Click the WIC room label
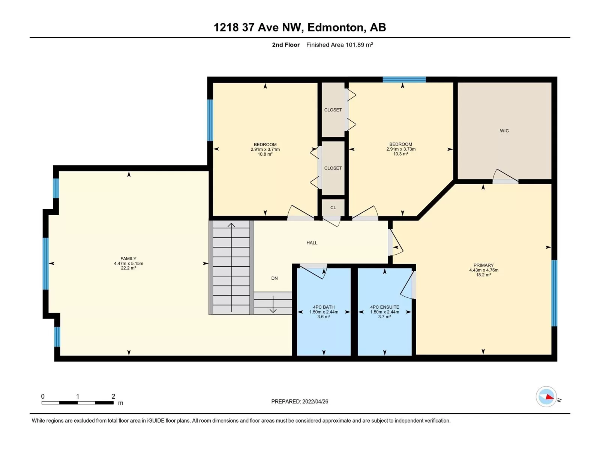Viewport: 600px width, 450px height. (x=504, y=131)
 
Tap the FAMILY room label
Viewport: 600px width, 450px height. (x=128, y=258)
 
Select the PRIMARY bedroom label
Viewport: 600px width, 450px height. (x=483, y=265)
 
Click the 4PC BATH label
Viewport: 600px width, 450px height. (x=324, y=307)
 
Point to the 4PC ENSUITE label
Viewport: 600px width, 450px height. (x=385, y=307)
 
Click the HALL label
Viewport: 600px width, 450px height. (x=312, y=243)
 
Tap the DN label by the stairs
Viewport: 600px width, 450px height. (x=274, y=278)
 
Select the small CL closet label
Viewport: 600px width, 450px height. (x=333, y=208)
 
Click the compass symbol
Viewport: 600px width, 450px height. (x=546, y=397)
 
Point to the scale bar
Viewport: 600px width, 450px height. (x=78, y=403)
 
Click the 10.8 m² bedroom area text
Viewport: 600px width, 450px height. (x=265, y=154)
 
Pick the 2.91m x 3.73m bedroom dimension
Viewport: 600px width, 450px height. (x=401, y=149)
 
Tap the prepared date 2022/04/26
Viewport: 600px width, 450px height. (x=315, y=401)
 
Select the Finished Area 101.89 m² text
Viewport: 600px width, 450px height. (x=339, y=45)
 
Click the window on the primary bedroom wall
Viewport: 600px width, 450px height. (x=554, y=293)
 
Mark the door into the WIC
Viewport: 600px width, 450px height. (x=505, y=176)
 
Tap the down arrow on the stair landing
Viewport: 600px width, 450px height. (x=273, y=304)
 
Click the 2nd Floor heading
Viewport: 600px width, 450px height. (x=286, y=45)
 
